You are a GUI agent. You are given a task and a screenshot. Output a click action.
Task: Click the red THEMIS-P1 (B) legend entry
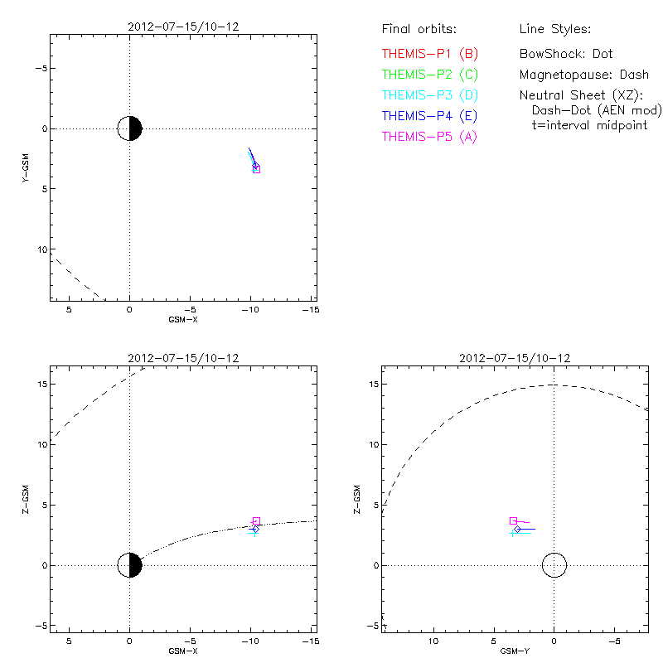pos(430,54)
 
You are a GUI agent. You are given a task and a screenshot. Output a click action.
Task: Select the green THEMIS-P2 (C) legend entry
pos(430,75)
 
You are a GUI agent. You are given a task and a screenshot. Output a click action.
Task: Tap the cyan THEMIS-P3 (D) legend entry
pos(430,95)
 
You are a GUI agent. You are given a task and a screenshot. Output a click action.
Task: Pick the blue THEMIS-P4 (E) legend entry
pos(430,116)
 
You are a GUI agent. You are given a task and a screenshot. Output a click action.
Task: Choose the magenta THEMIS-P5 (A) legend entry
pos(430,137)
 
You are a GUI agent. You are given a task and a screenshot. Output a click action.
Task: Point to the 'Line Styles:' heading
pos(555,30)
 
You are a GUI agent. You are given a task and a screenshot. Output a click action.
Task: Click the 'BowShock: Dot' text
pos(566,54)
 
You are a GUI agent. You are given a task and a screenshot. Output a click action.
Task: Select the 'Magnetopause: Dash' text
pos(584,75)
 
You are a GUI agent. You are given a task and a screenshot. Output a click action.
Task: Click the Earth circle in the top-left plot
pos(130,129)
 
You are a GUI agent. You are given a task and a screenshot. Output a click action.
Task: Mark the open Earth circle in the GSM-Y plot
pos(554,565)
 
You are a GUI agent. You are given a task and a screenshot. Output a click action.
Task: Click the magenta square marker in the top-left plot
pos(256,169)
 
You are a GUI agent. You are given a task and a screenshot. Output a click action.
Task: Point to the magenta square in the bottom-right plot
pos(513,520)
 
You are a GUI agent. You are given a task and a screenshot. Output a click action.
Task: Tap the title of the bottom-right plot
pos(513,358)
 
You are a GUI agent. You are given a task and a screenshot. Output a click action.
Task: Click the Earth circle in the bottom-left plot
pos(130,565)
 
